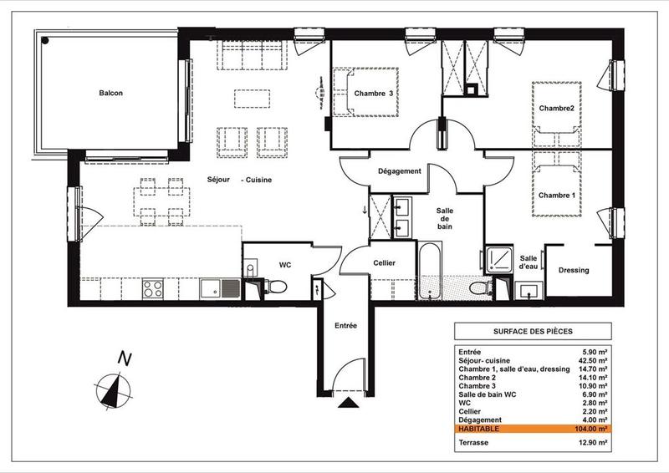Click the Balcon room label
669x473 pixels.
pos(110,94)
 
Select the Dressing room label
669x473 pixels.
pos(573,270)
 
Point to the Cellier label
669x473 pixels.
pos(379,263)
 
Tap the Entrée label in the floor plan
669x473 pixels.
pos(345,325)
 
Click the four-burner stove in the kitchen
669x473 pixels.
pos(153,289)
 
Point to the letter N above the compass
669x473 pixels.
pos(124,359)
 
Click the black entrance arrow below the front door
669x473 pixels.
pos(345,404)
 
